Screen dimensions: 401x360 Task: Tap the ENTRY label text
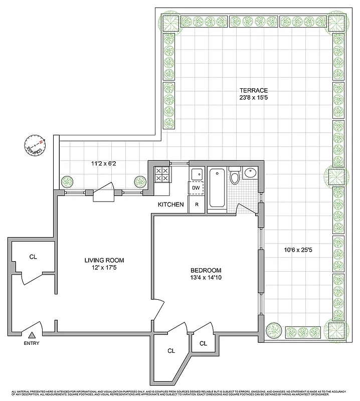coord(31,343)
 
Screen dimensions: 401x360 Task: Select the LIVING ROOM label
coord(104,260)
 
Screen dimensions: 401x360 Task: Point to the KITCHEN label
coord(171,205)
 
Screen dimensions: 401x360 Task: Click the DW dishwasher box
coord(196,188)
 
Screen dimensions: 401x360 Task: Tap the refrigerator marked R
coord(197,205)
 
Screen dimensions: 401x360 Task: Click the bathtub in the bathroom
coord(217,187)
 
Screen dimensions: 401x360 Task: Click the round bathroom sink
coord(250,173)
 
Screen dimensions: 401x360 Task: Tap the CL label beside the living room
coord(33,257)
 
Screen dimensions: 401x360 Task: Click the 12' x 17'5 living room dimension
coord(104,268)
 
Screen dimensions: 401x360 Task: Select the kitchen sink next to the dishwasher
coord(196,173)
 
